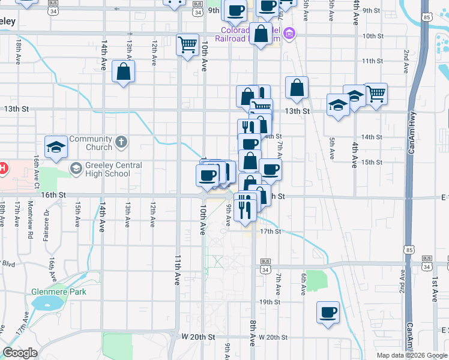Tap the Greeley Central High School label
[x=108, y=170]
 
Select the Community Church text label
[x=90, y=143]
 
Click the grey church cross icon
[x=121, y=142]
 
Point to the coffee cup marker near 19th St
[x=328, y=312]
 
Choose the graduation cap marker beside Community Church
[x=56, y=146]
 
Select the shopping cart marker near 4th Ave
[x=376, y=93]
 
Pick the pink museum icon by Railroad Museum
[x=290, y=32]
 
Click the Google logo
[x=20, y=353]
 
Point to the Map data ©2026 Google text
[x=412, y=355]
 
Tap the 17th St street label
[x=270, y=231]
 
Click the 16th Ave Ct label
[x=37, y=169]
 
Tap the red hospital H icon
[x=2, y=169]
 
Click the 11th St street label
[x=372, y=61]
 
